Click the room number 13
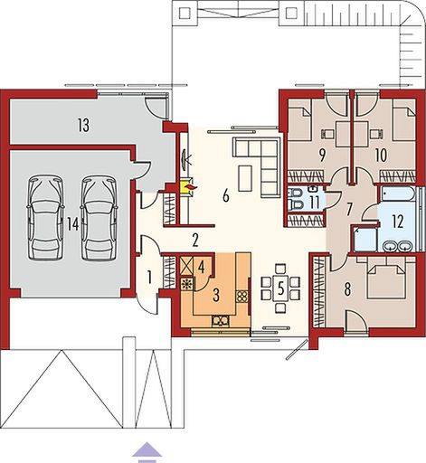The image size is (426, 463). pyautogui.click(x=83, y=126)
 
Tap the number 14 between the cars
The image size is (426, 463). pyautogui.click(x=72, y=224)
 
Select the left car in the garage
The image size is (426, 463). pyautogui.click(x=46, y=217)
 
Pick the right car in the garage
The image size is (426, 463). pyautogui.click(x=99, y=217)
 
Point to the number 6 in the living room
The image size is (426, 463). pyautogui.click(x=226, y=196)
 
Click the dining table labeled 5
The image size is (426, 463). pyautogui.click(x=280, y=289)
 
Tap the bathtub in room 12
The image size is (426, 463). pyautogui.click(x=398, y=194)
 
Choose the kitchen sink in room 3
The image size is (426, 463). pyautogui.click(x=220, y=321)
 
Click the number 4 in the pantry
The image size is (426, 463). pyautogui.click(x=202, y=266)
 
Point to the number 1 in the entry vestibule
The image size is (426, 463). pyautogui.click(x=149, y=278)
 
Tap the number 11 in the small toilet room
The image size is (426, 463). pyautogui.click(x=314, y=202)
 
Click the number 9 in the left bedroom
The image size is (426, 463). pyautogui.click(x=322, y=156)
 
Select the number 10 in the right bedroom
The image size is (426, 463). pyautogui.click(x=382, y=156)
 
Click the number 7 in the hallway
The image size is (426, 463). pyautogui.click(x=349, y=210)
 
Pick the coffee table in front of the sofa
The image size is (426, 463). pyautogui.click(x=245, y=178)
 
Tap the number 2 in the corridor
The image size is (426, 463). pyautogui.click(x=195, y=241)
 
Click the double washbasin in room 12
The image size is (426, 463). pyautogui.click(x=397, y=246)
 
